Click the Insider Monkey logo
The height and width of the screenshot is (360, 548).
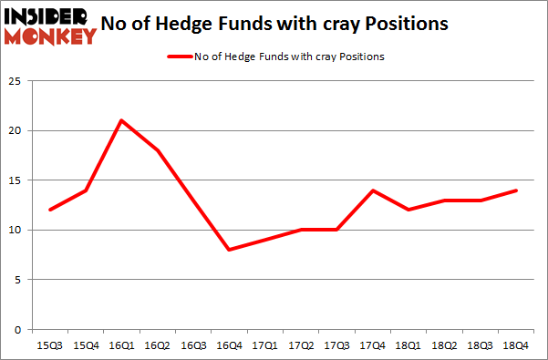tap(51, 25)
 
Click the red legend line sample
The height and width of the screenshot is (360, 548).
tap(179, 57)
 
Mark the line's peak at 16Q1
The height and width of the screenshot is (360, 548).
tap(121, 120)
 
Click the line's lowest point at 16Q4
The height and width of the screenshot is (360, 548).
tap(228, 250)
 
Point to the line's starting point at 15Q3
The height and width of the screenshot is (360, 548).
tap(51, 210)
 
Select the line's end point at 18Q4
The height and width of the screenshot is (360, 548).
tap(517, 190)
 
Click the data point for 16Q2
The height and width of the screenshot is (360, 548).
tap(158, 150)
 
